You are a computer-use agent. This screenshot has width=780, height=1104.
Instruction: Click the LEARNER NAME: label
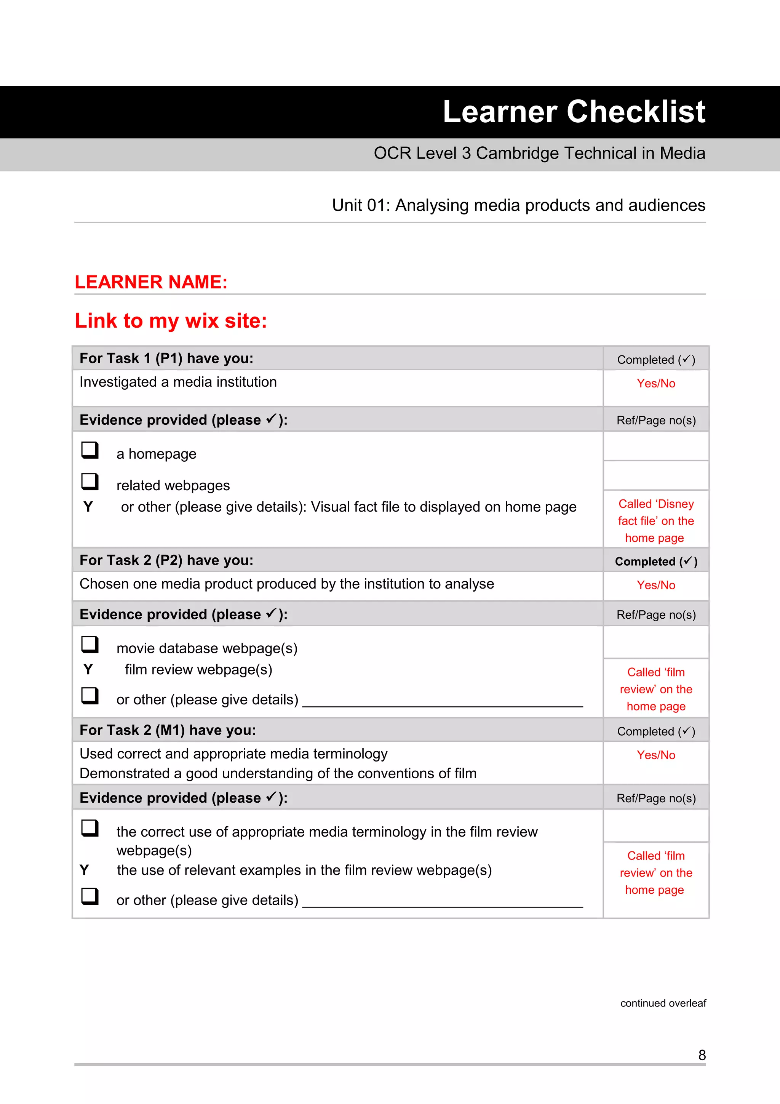pos(151,282)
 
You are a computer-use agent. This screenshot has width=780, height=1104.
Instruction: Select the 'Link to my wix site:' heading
pos(171,321)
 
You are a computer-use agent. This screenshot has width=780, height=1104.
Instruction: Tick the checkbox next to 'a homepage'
pos(90,450)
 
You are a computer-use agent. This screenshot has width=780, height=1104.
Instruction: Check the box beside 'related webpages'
pos(90,481)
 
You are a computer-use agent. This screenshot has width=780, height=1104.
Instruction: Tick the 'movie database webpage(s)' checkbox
pos(90,644)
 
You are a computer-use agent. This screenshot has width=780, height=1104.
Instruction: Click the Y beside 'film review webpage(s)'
pos(88,669)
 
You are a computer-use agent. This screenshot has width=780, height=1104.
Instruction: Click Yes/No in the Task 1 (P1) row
pos(655,383)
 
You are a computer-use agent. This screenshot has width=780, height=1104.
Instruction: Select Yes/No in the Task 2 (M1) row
pos(655,755)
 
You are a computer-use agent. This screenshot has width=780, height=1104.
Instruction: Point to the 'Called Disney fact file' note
pos(655,521)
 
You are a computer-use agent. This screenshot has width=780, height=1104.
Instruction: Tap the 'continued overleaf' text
pos(663,1003)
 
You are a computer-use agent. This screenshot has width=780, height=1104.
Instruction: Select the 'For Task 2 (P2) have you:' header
pos(166,560)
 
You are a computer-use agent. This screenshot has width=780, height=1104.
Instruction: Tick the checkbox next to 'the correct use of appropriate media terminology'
pos(90,828)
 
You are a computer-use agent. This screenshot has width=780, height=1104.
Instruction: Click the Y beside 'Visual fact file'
pos(88,506)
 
